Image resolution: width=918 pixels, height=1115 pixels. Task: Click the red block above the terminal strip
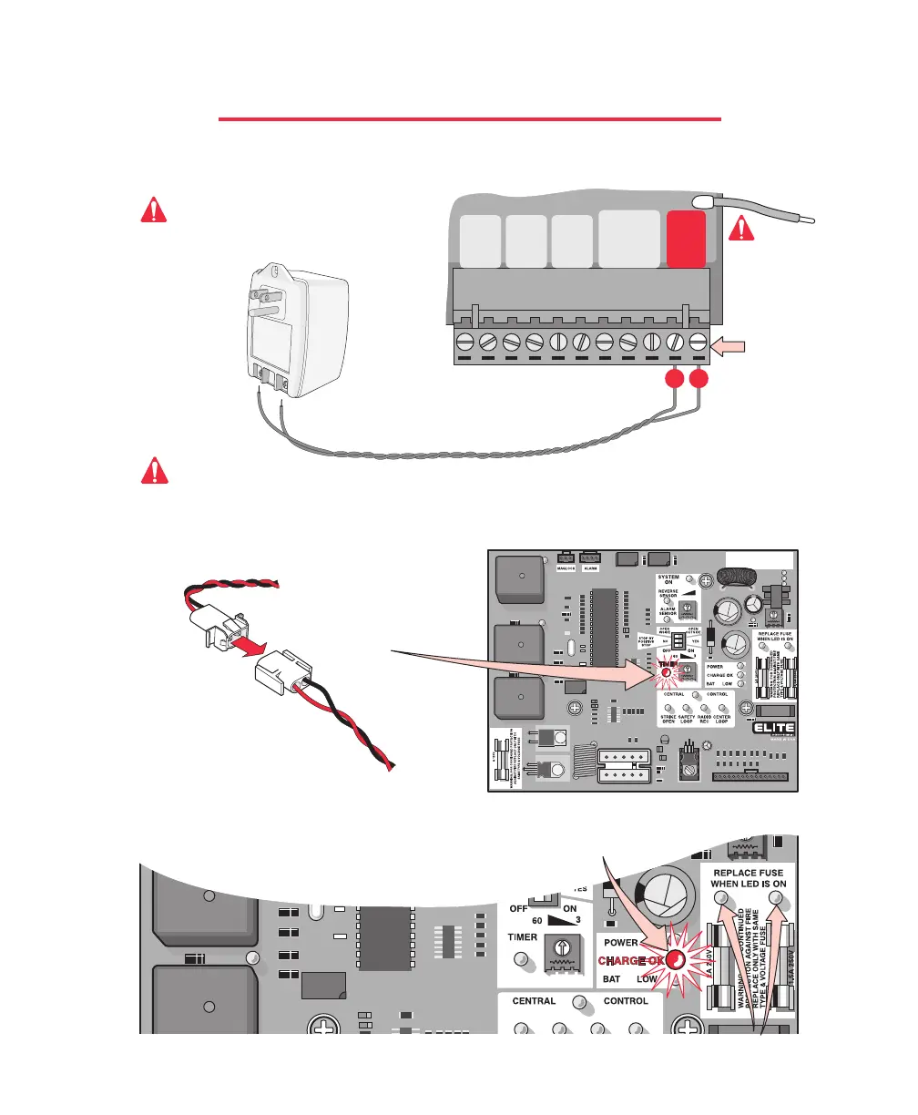686,238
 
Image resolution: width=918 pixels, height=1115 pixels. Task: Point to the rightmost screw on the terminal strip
699,343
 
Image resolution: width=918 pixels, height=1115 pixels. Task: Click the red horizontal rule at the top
470,118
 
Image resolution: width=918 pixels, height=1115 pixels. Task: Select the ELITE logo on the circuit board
771,727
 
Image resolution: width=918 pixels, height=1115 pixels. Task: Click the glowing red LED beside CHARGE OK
676,959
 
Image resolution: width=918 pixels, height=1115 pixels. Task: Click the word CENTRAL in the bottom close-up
535,1000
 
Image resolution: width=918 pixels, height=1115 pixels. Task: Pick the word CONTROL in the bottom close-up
626,1000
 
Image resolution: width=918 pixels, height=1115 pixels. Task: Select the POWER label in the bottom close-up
622,943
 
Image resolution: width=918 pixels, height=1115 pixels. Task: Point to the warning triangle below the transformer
156,470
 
